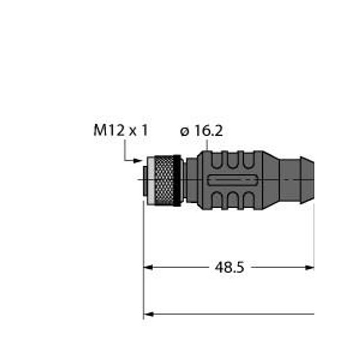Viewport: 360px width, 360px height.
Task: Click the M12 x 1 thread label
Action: click(120, 130)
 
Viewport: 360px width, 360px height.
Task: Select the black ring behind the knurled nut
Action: click(177, 180)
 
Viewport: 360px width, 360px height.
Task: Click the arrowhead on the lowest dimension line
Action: click(148, 314)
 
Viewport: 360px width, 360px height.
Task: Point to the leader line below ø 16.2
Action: click(207, 145)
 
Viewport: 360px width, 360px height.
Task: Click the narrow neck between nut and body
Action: click(188, 180)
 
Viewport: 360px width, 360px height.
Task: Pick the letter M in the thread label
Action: click(98, 130)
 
